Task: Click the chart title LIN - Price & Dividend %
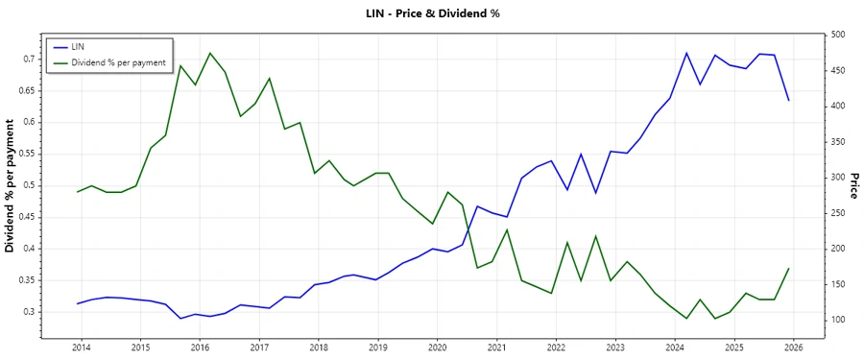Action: (x=432, y=13)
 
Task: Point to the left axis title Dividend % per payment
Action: (x=11, y=185)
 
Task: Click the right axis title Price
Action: (x=852, y=185)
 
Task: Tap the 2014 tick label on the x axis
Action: (x=81, y=347)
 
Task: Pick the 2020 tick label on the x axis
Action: (x=437, y=347)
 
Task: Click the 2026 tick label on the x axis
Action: (x=793, y=347)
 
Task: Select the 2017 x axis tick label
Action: (x=259, y=347)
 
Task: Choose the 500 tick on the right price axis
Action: (x=838, y=35)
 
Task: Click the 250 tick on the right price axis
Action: (x=838, y=213)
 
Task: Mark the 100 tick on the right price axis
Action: (x=838, y=320)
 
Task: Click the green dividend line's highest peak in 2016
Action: (x=210, y=53)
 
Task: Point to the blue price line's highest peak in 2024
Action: (x=686, y=53)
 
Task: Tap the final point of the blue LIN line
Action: (x=789, y=101)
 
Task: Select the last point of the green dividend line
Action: (x=789, y=268)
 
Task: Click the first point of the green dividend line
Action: (x=78, y=192)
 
